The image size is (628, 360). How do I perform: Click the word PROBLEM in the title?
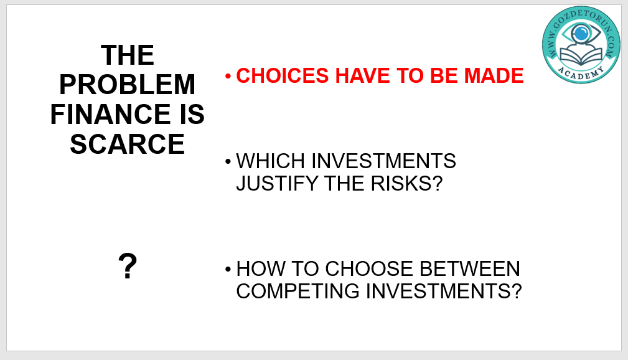point(128,85)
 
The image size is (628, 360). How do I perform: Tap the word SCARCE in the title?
point(128,144)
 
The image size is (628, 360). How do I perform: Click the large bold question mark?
point(128,266)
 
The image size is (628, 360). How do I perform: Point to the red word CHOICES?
point(283,76)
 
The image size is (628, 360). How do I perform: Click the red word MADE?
point(494,76)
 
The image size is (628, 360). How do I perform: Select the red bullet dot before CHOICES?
point(228,76)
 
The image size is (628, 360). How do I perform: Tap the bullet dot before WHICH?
point(228,161)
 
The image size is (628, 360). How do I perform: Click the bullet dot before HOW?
point(228,269)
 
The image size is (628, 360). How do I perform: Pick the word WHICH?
point(271,161)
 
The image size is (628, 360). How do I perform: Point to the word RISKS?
point(406,184)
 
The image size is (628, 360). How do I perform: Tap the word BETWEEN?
point(470,268)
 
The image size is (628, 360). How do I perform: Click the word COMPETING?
point(298,291)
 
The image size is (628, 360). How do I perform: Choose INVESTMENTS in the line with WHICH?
point(383,161)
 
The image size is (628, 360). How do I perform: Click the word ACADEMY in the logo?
point(581,73)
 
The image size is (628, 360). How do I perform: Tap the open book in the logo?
point(581,55)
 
